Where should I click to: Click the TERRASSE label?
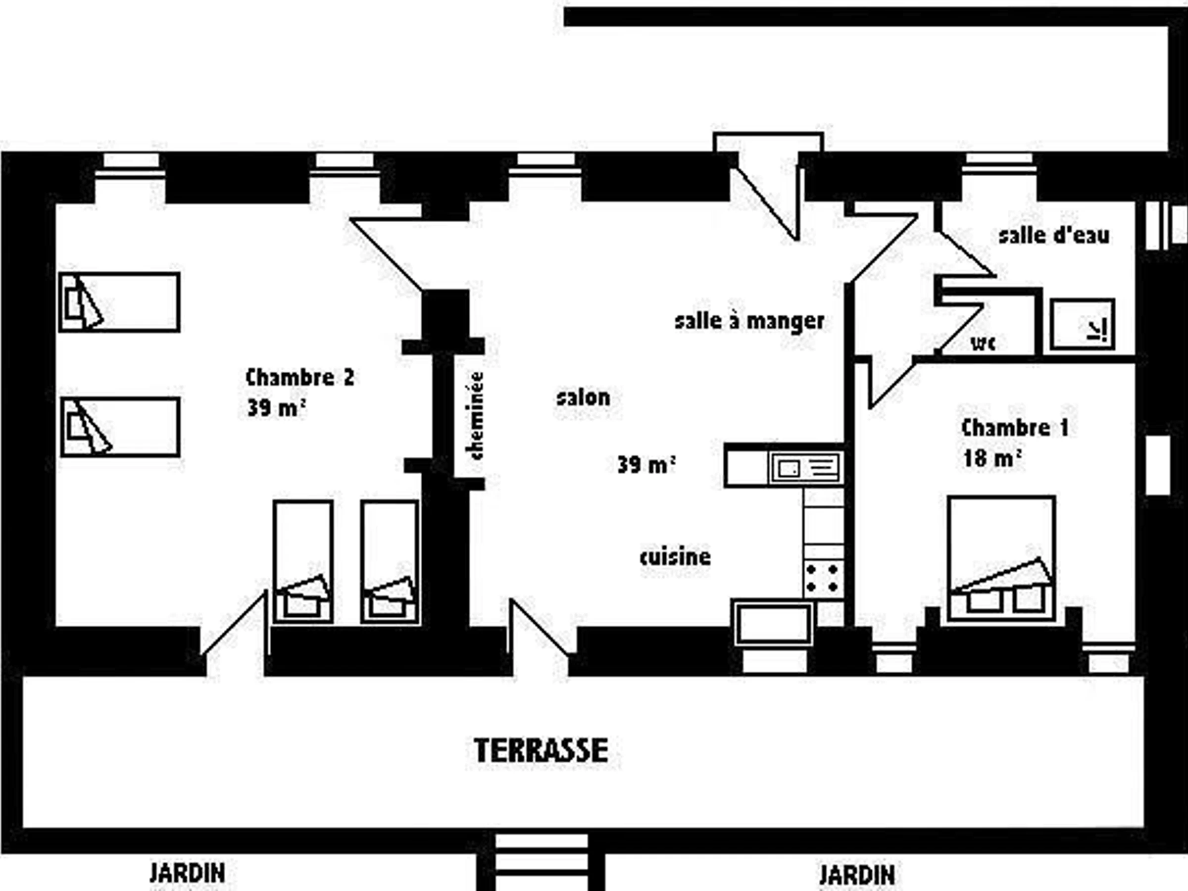tap(542, 750)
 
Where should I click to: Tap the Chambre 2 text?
tap(299, 378)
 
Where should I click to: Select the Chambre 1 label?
tap(1015, 428)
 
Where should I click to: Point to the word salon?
tap(583, 398)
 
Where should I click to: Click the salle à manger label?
tap(749, 321)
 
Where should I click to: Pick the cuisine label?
tap(675, 556)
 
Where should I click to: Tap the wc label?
tap(983, 343)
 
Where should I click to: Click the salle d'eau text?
tap(1054, 235)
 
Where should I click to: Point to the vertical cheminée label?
tap(476, 416)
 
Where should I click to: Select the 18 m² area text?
tap(991, 458)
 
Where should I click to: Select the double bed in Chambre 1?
tap(1002, 559)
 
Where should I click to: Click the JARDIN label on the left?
tap(187, 873)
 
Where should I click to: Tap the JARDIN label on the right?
tap(857, 875)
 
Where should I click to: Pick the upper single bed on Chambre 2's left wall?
tap(119, 302)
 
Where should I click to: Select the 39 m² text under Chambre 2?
tap(277, 408)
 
